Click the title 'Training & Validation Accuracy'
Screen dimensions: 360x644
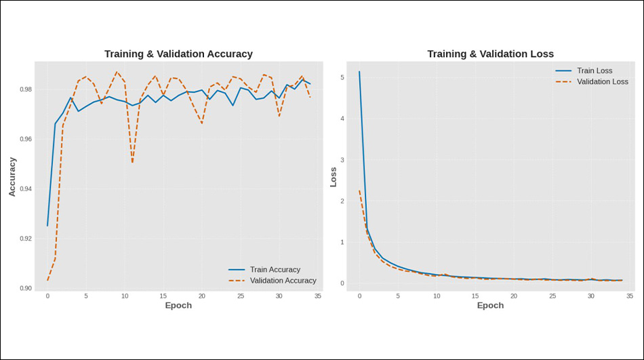point(178,54)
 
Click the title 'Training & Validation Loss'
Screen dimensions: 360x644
point(490,54)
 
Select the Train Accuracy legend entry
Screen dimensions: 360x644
point(275,270)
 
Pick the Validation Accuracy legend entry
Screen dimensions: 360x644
point(283,281)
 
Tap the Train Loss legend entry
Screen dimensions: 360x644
point(594,71)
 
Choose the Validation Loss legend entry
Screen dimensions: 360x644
point(602,81)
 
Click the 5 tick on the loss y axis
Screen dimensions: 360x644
point(342,78)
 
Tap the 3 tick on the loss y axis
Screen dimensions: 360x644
point(342,161)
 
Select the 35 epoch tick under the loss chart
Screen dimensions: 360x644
point(630,296)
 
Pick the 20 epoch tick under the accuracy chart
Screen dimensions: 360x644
point(202,296)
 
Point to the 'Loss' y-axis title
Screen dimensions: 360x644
point(333,177)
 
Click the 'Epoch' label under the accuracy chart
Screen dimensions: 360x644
point(178,306)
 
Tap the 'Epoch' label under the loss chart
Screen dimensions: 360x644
point(490,306)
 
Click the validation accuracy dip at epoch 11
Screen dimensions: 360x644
point(132,163)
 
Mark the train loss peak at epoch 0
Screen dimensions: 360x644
point(359,71)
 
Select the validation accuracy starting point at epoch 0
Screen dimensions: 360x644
point(47,280)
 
